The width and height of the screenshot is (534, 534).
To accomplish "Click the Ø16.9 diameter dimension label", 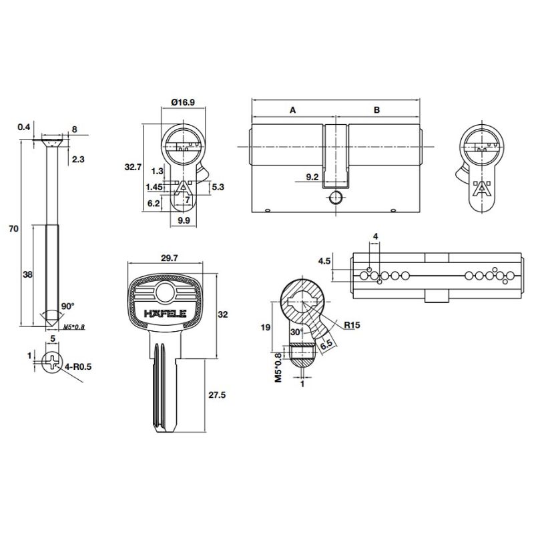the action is (x=183, y=102).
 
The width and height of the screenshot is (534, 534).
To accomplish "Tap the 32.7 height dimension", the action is (x=133, y=168).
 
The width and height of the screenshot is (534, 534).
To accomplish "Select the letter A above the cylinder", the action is (x=293, y=110).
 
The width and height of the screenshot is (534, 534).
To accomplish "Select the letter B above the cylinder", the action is (x=376, y=110).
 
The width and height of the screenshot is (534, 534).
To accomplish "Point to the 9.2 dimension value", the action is (x=312, y=177).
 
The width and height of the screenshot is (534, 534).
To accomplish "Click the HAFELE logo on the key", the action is (x=165, y=313).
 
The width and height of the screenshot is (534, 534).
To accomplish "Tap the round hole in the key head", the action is (x=165, y=292).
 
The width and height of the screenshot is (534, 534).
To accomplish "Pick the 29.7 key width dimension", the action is (x=170, y=258).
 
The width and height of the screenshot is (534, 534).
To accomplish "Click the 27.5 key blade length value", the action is (x=216, y=395).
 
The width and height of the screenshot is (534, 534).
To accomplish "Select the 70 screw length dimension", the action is (x=13, y=228).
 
